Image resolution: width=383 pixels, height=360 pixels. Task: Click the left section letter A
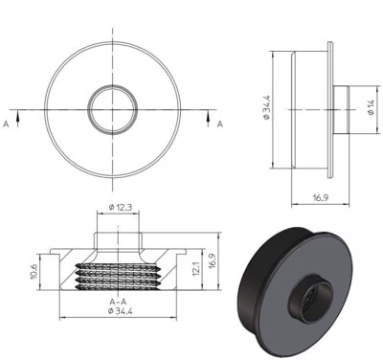[8, 124]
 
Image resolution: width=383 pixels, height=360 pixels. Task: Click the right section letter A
[219, 124]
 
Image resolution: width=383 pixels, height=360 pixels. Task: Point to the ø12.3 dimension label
[120, 208]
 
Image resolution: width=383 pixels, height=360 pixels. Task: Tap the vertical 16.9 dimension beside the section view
[214, 261]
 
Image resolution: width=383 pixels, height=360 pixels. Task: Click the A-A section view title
[120, 300]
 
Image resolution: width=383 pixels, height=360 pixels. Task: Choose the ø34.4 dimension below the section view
[120, 311]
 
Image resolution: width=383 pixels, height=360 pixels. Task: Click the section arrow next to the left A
[17, 113]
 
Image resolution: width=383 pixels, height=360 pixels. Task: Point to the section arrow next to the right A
[209, 113]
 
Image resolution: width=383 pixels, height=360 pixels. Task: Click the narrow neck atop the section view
[119, 235]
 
